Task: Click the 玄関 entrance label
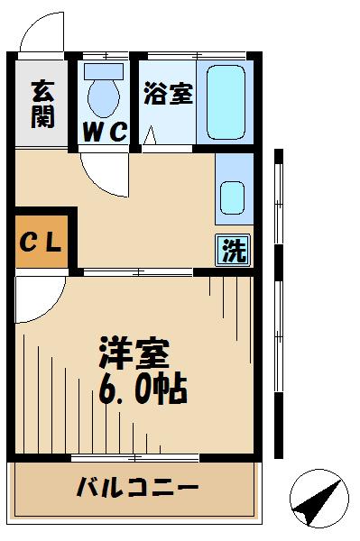(42, 104)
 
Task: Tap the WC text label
(105, 133)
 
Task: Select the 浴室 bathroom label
(167, 93)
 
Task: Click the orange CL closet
(41, 241)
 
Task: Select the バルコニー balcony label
(136, 490)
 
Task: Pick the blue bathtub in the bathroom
(224, 101)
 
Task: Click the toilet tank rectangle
(102, 70)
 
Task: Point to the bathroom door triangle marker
(151, 136)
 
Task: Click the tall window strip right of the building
(280, 307)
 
